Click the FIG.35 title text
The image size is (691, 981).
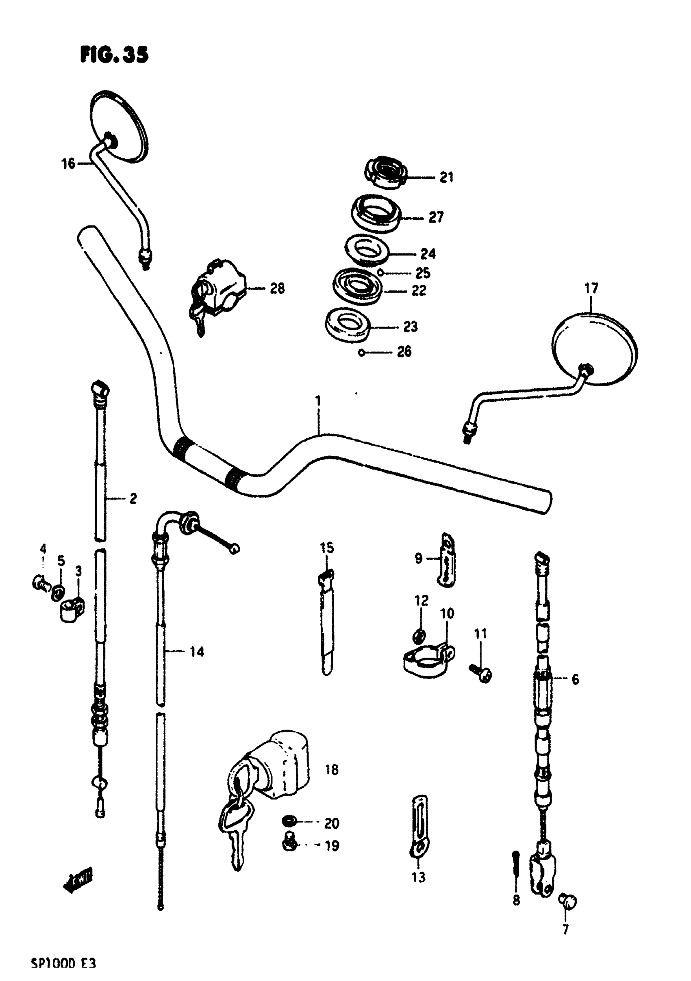click(114, 55)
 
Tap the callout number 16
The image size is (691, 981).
click(68, 164)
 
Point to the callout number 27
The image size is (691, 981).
click(436, 217)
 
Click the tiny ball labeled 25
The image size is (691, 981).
click(379, 272)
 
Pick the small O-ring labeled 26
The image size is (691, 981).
click(362, 353)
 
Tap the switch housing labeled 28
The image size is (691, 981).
click(217, 288)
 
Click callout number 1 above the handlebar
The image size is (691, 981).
click(318, 401)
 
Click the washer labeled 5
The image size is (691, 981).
click(58, 593)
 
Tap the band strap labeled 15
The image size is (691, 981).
click(327, 621)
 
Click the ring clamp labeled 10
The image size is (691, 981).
click(428, 659)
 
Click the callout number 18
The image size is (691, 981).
click(332, 769)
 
